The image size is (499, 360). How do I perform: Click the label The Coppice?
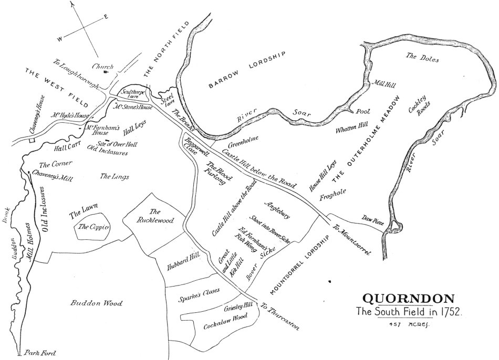point(93,227)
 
